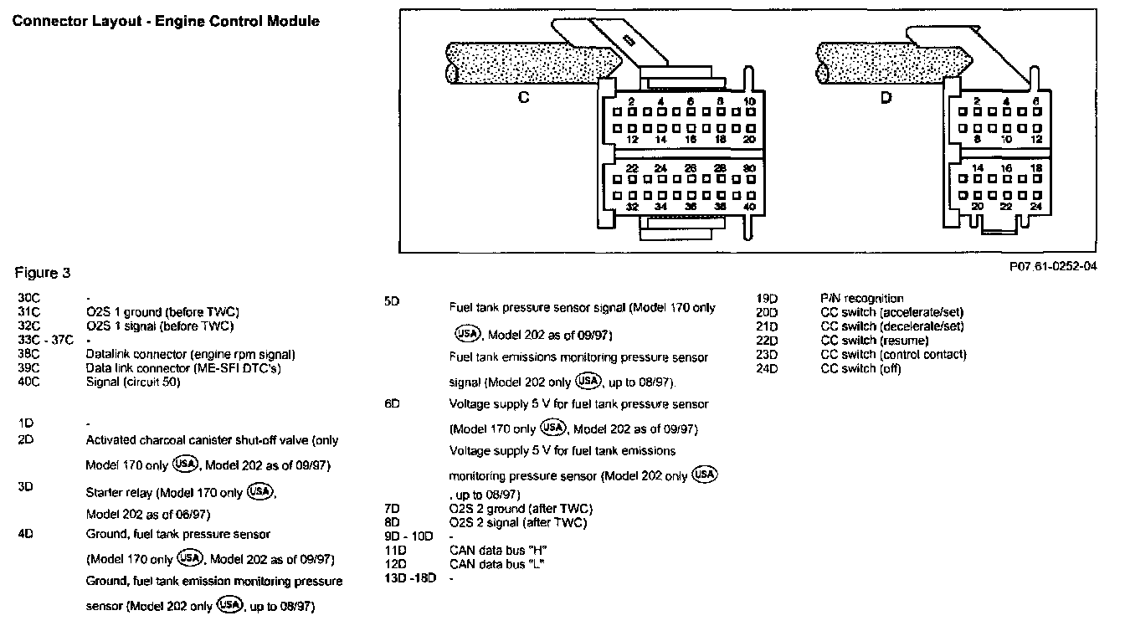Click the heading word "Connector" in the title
46,21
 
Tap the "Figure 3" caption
43,273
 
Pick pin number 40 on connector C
749,207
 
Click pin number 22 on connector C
632,169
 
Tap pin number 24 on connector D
1035,206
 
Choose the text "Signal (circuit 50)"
132,382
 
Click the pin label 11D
394,549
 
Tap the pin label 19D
767,298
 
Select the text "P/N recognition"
862,298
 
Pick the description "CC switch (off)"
861,369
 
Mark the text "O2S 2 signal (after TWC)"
518,523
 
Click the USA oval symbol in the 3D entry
261,491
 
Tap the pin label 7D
392,509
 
